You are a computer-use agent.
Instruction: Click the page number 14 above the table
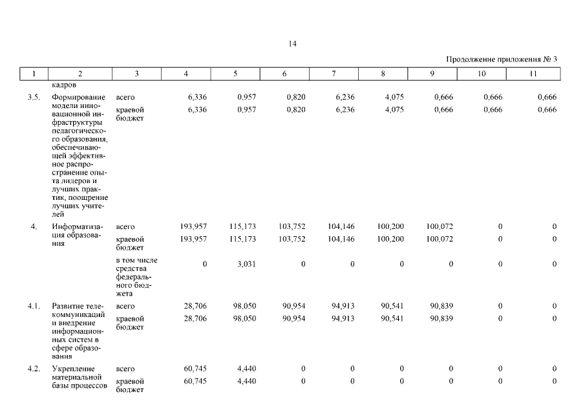pyautogui.click(x=293, y=44)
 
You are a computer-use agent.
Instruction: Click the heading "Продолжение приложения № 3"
pyautogui.click(x=502, y=60)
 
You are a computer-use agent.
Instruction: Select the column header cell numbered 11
pyautogui.click(x=533, y=74)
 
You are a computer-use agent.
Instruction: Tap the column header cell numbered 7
pyautogui.click(x=334, y=74)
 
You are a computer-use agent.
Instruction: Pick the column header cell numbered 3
pyautogui.click(x=137, y=74)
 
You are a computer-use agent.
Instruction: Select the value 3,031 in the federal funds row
pyautogui.click(x=246, y=264)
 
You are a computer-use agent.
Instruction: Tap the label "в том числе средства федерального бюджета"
pyautogui.click(x=136, y=277)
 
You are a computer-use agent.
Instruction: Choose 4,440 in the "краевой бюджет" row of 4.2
pyautogui.click(x=246, y=381)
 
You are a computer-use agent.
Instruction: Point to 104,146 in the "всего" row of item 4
pyautogui.click(x=341, y=226)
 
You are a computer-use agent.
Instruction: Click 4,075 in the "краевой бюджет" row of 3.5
pyautogui.click(x=394, y=110)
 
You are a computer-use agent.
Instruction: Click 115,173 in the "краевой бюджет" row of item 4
pyautogui.click(x=242, y=239)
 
